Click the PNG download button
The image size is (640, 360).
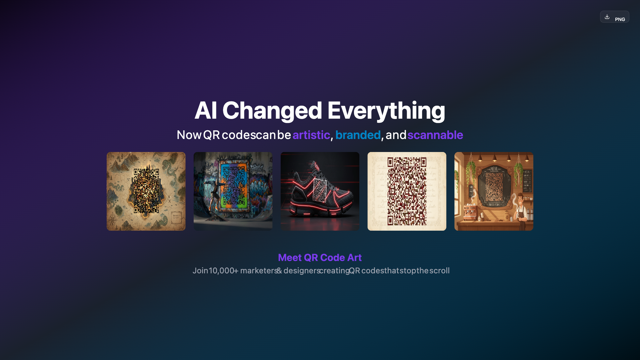coord(614,17)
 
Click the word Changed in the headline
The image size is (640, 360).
coord(272,110)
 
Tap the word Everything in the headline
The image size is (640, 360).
coord(386,110)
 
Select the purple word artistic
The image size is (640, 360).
coord(311,135)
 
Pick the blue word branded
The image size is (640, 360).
coord(358,135)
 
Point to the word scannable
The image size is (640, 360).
coord(435,135)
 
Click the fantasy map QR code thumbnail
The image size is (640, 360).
coord(146,191)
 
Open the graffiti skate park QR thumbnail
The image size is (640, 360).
coord(233,191)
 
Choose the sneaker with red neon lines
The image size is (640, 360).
coord(320,191)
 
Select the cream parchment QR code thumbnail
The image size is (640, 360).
coord(407,191)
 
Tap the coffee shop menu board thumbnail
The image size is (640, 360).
coord(494,191)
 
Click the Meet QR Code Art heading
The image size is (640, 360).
coord(320,257)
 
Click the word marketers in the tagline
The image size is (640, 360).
coord(259,271)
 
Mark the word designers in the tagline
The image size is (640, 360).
coord(302,271)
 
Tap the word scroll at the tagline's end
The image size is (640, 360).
coord(439,271)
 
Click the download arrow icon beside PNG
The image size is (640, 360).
coord(607,17)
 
